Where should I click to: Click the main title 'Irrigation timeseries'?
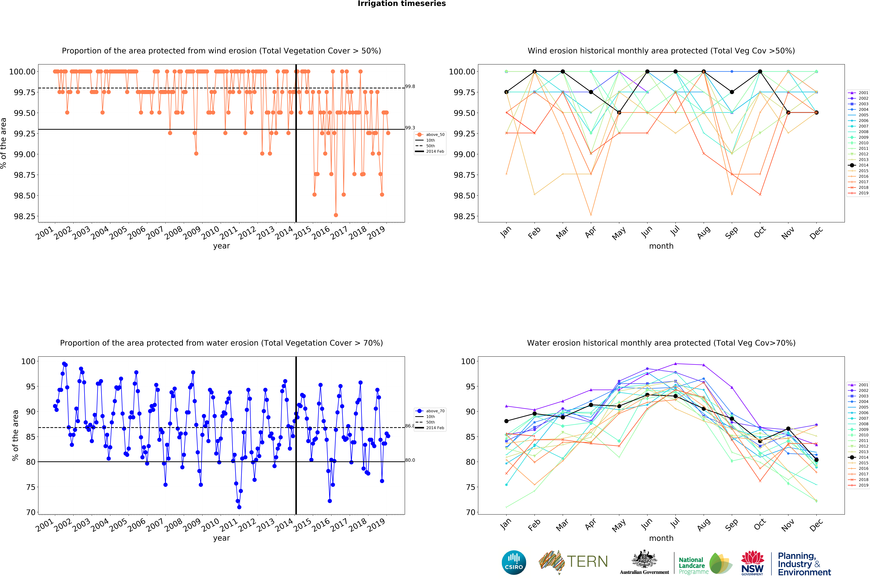[401, 4]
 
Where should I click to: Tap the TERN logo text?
[587, 561]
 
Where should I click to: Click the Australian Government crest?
[644, 560]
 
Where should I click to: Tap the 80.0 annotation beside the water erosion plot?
[410, 460]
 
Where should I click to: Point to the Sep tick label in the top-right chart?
[731, 233]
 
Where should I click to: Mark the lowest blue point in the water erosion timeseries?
[239, 507]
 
